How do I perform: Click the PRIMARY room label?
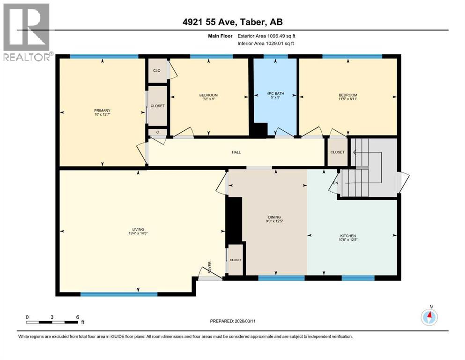(x=101, y=111)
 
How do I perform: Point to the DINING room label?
(x=274, y=217)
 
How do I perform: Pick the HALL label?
(x=236, y=152)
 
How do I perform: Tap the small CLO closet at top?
(x=157, y=71)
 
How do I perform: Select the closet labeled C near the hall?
(x=157, y=132)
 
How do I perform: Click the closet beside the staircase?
(x=337, y=152)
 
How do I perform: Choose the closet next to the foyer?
(x=235, y=260)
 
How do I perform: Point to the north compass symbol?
(x=429, y=317)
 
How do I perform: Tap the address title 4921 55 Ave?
(x=232, y=22)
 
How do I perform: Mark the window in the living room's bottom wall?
(x=118, y=294)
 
